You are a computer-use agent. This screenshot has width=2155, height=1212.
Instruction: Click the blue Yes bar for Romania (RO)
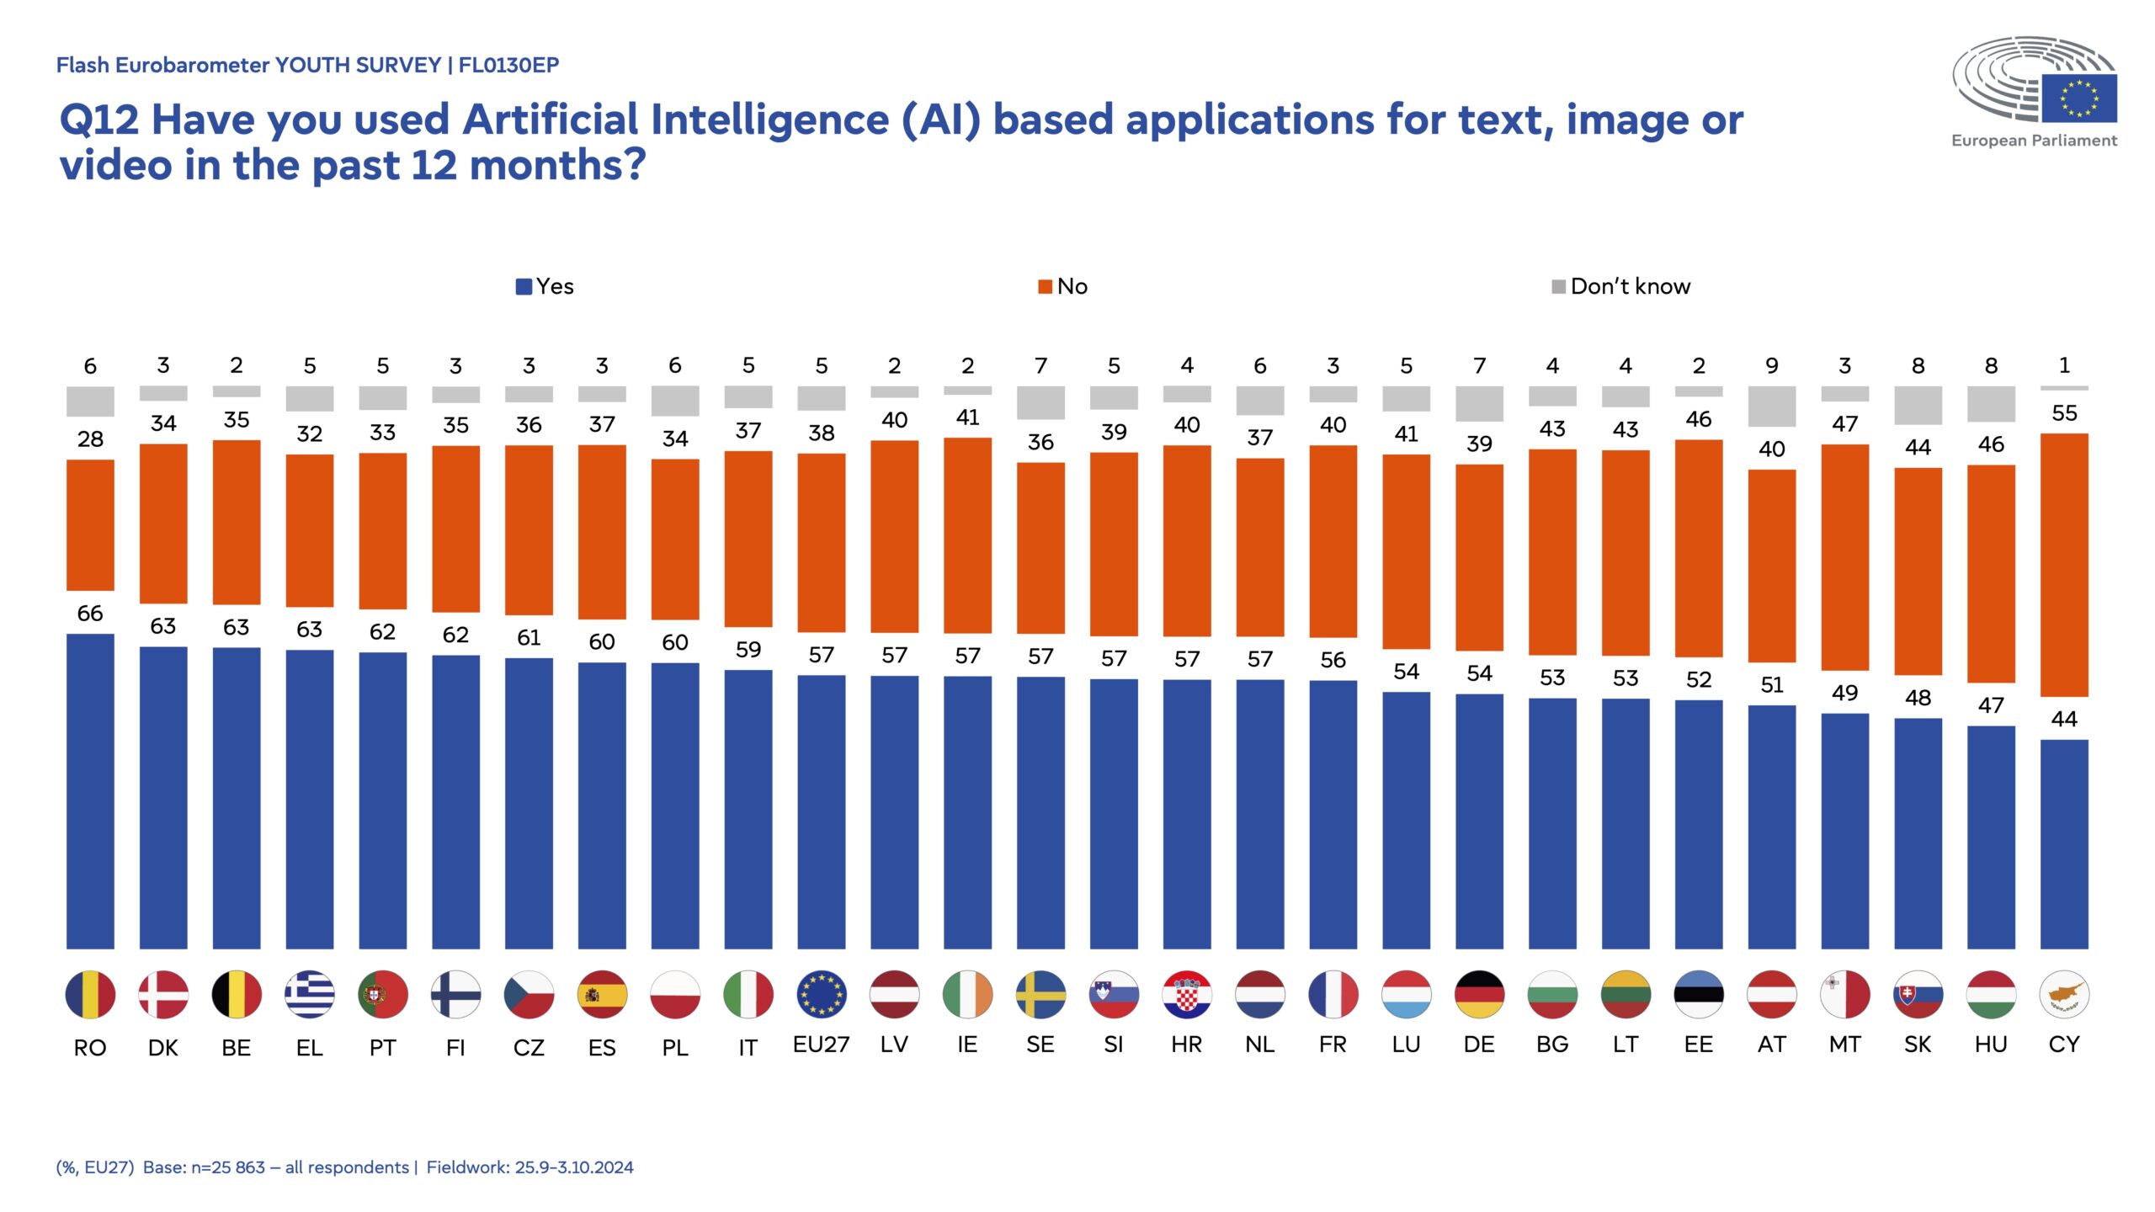click(90, 791)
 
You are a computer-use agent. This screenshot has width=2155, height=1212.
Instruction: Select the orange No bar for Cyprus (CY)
click(2064, 565)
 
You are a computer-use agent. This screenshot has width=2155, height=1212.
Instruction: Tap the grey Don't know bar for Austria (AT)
click(1772, 407)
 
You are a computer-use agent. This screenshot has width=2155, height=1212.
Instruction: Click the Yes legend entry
click(545, 286)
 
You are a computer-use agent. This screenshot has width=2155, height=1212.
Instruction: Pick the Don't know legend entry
click(1620, 286)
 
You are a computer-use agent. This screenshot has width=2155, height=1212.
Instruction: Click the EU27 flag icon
click(821, 994)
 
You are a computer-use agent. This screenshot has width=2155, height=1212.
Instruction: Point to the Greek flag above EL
click(310, 994)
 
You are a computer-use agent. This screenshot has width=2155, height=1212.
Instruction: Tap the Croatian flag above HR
click(1187, 994)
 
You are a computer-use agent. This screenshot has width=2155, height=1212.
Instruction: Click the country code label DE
click(1479, 1045)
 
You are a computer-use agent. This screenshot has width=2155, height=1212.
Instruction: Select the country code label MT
click(1844, 1045)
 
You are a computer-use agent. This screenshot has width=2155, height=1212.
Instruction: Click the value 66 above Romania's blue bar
click(90, 613)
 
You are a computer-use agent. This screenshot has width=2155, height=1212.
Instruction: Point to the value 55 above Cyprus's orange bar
click(2064, 412)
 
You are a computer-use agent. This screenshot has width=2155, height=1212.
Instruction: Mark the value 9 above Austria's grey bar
click(1772, 365)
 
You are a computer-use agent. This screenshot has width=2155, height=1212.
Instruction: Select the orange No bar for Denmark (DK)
click(163, 524)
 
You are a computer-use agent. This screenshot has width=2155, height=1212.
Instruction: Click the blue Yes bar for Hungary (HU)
click(1991, 837)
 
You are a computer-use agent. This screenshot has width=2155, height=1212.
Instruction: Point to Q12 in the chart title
click(98, 120)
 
